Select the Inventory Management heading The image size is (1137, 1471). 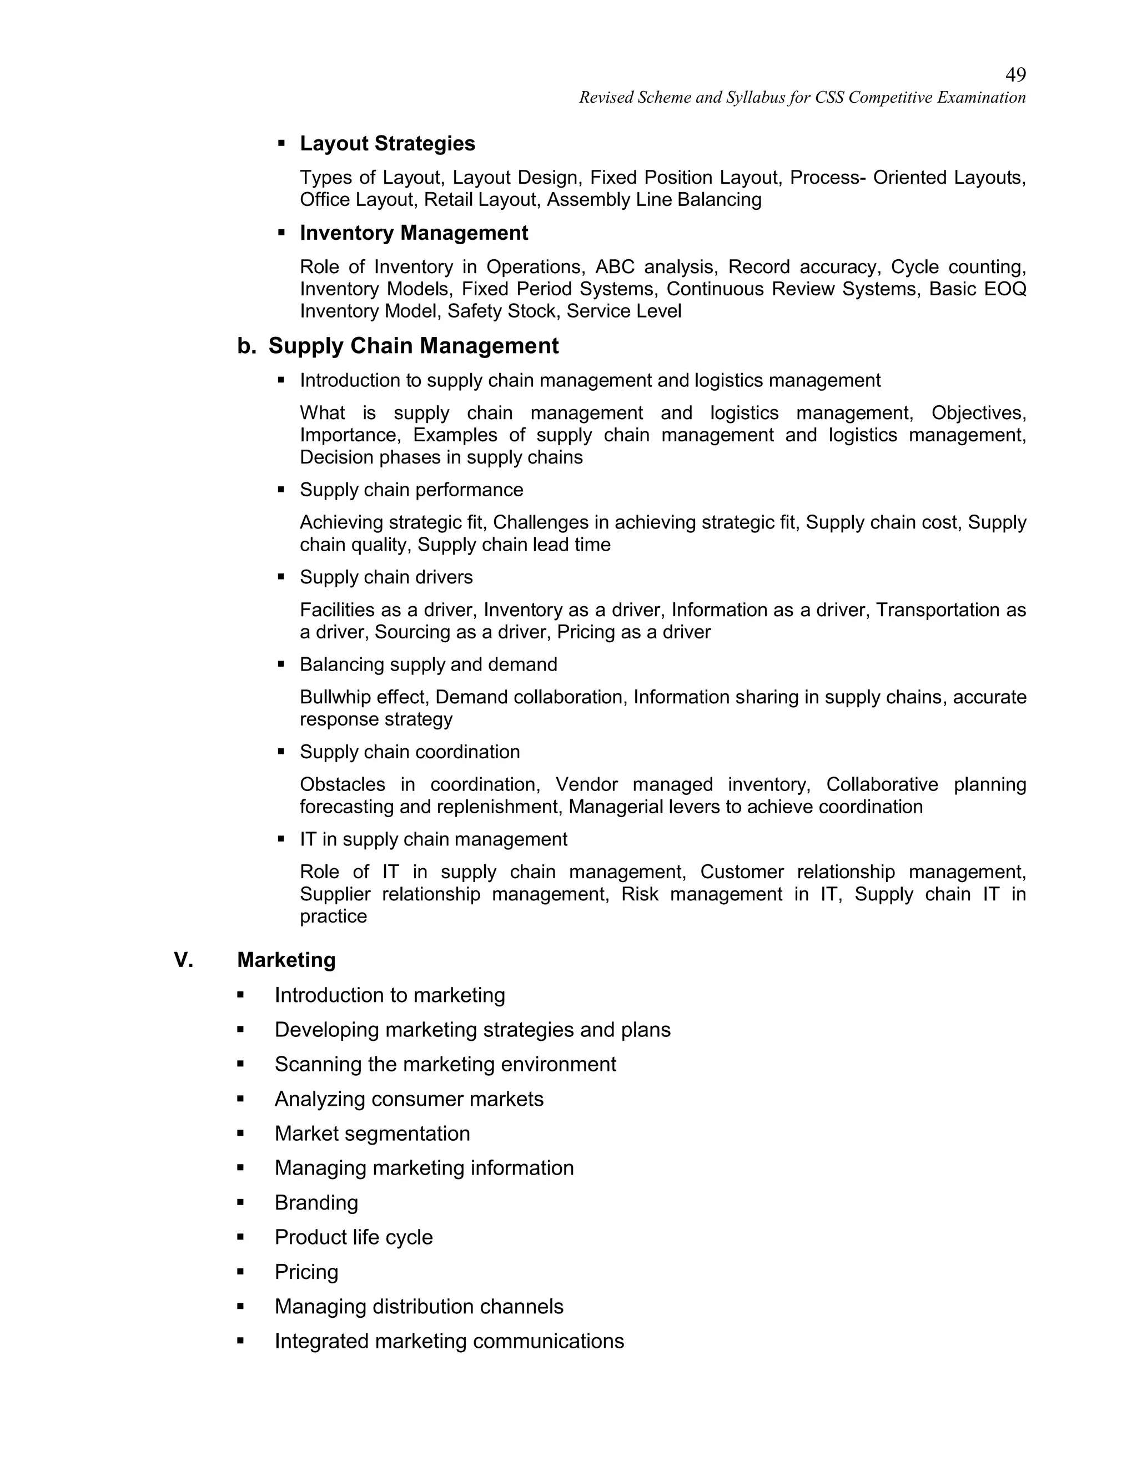click(414, 233)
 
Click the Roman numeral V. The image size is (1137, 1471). click(183, 960)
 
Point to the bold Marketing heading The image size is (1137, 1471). click(286, 960)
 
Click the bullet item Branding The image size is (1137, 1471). click(316, 1202)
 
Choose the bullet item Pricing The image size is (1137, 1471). click(306, 1272)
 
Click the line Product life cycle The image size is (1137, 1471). click(353, 1237)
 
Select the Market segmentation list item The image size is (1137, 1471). click(372, 1134)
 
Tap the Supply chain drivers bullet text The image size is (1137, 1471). click(386, 577)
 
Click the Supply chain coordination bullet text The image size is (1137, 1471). click(410, 752)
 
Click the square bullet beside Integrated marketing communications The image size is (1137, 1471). click(240, 1341)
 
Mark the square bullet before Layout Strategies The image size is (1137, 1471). click(281, 143)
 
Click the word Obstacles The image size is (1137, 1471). click(342, 785)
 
